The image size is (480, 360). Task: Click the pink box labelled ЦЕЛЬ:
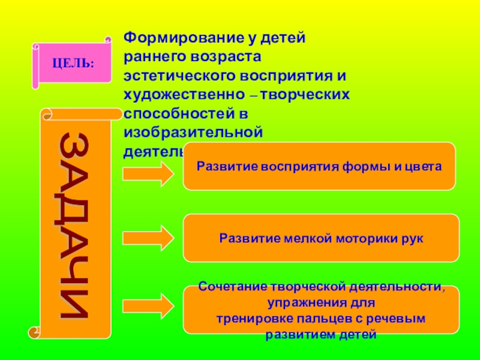pos(73,62)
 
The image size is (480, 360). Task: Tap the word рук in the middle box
pos(413,238)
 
